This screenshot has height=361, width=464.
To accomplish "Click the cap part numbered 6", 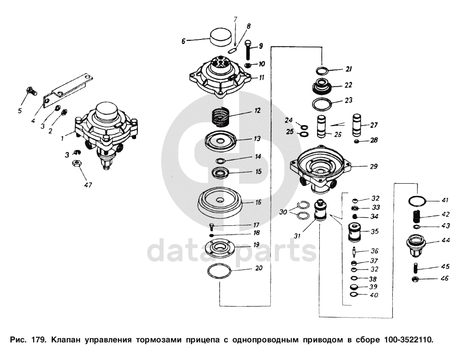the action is click(220, 37).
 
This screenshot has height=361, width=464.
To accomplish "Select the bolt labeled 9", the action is click(248, 50).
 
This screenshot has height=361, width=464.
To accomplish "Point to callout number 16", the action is click(259, 202).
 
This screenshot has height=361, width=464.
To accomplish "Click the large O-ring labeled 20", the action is click(220, 271).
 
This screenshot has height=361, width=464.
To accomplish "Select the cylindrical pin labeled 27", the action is click(357, 125).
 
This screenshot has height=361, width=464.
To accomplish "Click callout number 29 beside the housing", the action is click(374, 166).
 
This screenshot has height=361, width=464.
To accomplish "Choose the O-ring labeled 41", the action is click(417, 201).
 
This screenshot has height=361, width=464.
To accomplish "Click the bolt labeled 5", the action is click(31, 91).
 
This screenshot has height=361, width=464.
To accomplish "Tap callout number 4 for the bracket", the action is click(33, 121).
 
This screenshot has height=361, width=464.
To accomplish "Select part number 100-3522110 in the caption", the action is click(408, 340).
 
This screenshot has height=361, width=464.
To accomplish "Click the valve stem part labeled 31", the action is click(320, 210).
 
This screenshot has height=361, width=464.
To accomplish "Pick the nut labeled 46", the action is click(415, 279).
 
